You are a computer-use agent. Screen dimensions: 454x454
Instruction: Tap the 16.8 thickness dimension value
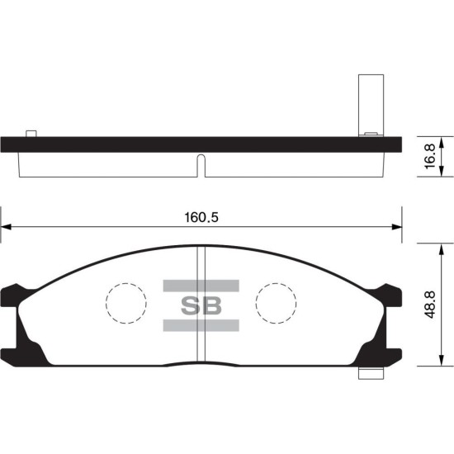430,156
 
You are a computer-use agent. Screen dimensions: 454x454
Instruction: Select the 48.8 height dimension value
430,305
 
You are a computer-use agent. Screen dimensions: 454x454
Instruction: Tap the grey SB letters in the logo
201,305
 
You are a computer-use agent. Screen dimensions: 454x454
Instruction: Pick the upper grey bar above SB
201,286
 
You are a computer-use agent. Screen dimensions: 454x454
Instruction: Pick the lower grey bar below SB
201,325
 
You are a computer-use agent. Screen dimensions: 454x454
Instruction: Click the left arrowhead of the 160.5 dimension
6,227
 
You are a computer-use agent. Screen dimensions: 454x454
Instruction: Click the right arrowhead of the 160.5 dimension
397,227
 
